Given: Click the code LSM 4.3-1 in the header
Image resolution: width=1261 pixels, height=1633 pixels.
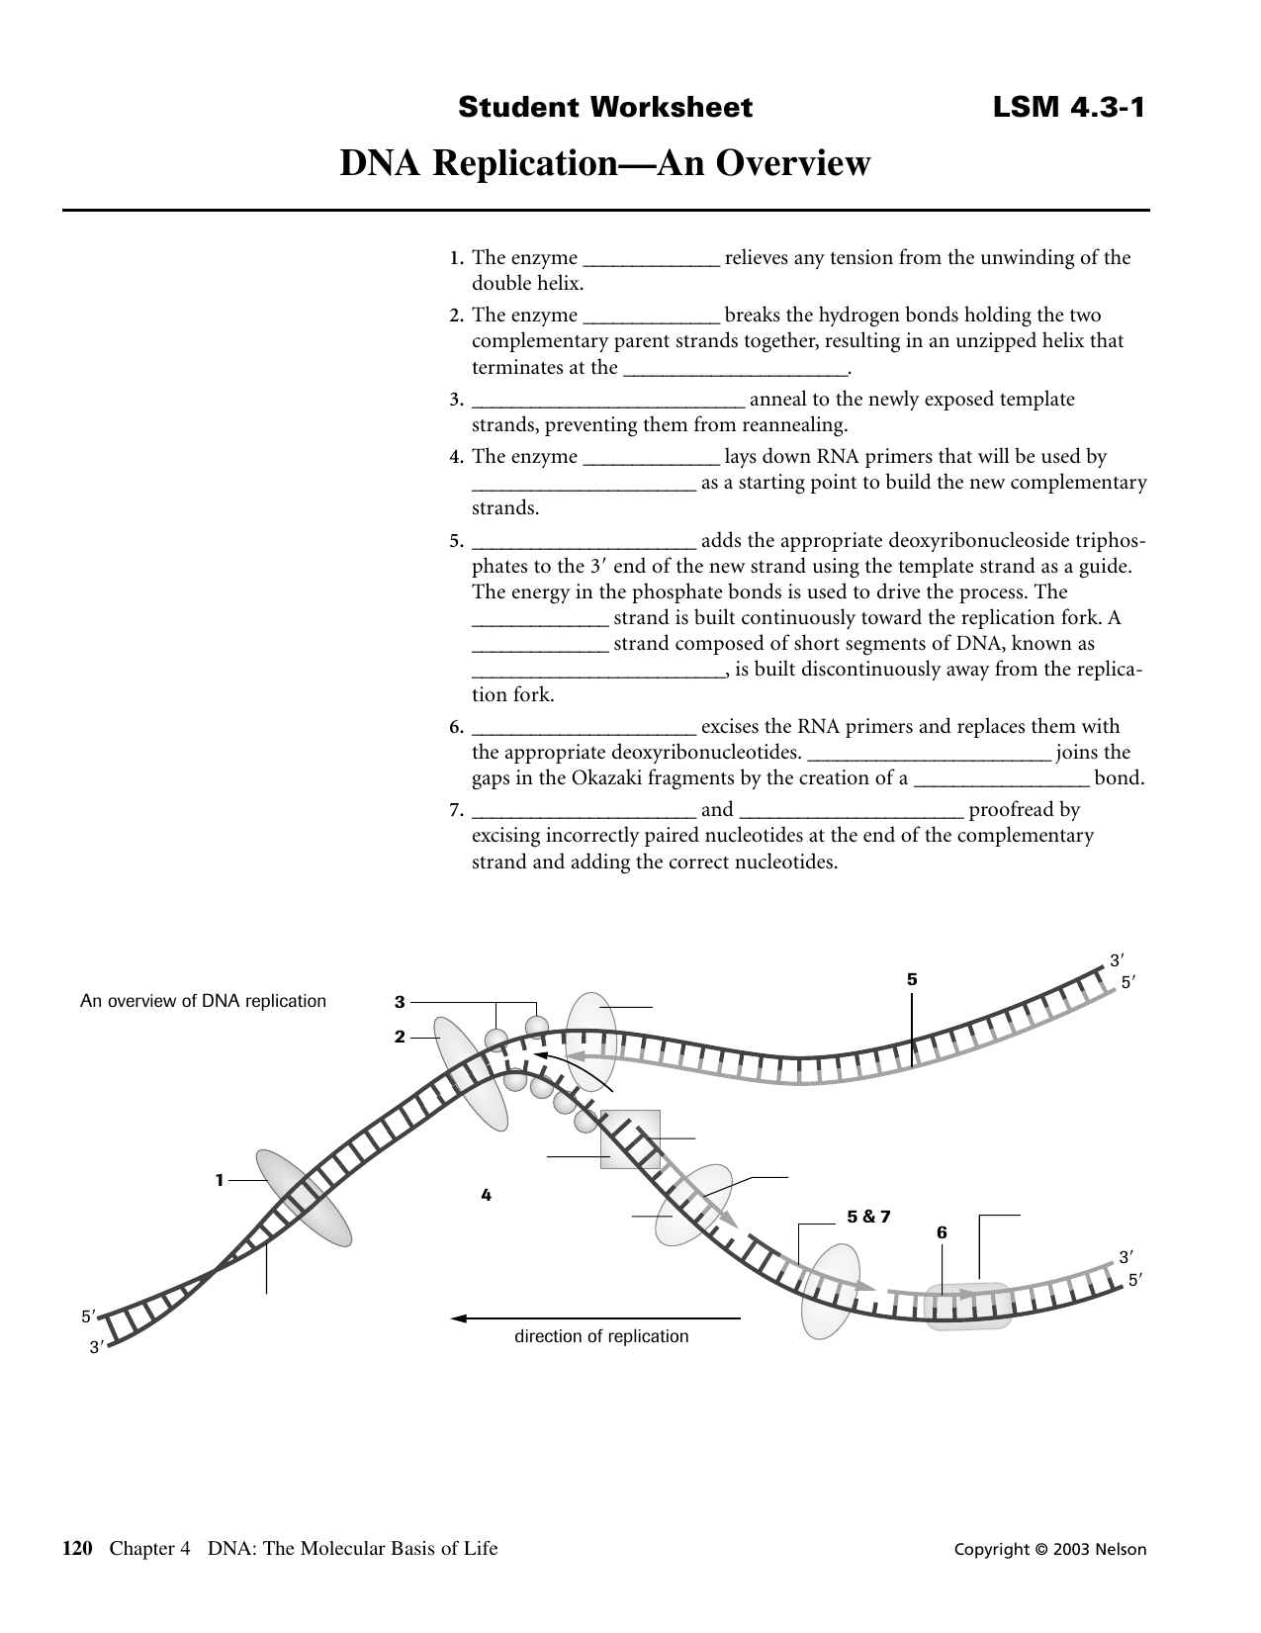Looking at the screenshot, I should coord(1068,107).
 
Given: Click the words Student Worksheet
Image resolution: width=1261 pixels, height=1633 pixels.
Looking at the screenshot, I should coord(604,107).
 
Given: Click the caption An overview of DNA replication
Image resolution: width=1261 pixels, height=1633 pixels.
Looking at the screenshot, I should coord(203,1001).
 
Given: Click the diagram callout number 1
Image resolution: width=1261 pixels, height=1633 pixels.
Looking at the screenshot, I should coord(221,1179).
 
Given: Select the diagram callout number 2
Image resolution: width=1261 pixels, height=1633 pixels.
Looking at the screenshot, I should coord(400,1037).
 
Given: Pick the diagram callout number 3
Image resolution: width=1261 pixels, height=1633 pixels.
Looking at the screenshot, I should coord(400,1002).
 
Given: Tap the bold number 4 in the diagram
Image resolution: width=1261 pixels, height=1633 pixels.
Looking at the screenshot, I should coord(486,1195).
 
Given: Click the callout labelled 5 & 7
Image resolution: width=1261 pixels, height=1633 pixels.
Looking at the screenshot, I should coord(868,1217).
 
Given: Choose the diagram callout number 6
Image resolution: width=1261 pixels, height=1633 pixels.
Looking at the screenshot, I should coord(942,1232).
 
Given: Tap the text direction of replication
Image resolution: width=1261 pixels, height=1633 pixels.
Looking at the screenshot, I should coord(600,1337).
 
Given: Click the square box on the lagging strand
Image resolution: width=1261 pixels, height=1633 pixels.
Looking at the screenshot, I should coord(630,1139).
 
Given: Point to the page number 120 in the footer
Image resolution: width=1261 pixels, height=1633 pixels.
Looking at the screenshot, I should coord(77,1549).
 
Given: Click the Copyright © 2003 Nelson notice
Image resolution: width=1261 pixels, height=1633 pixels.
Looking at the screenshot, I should coord(1049,1550).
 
